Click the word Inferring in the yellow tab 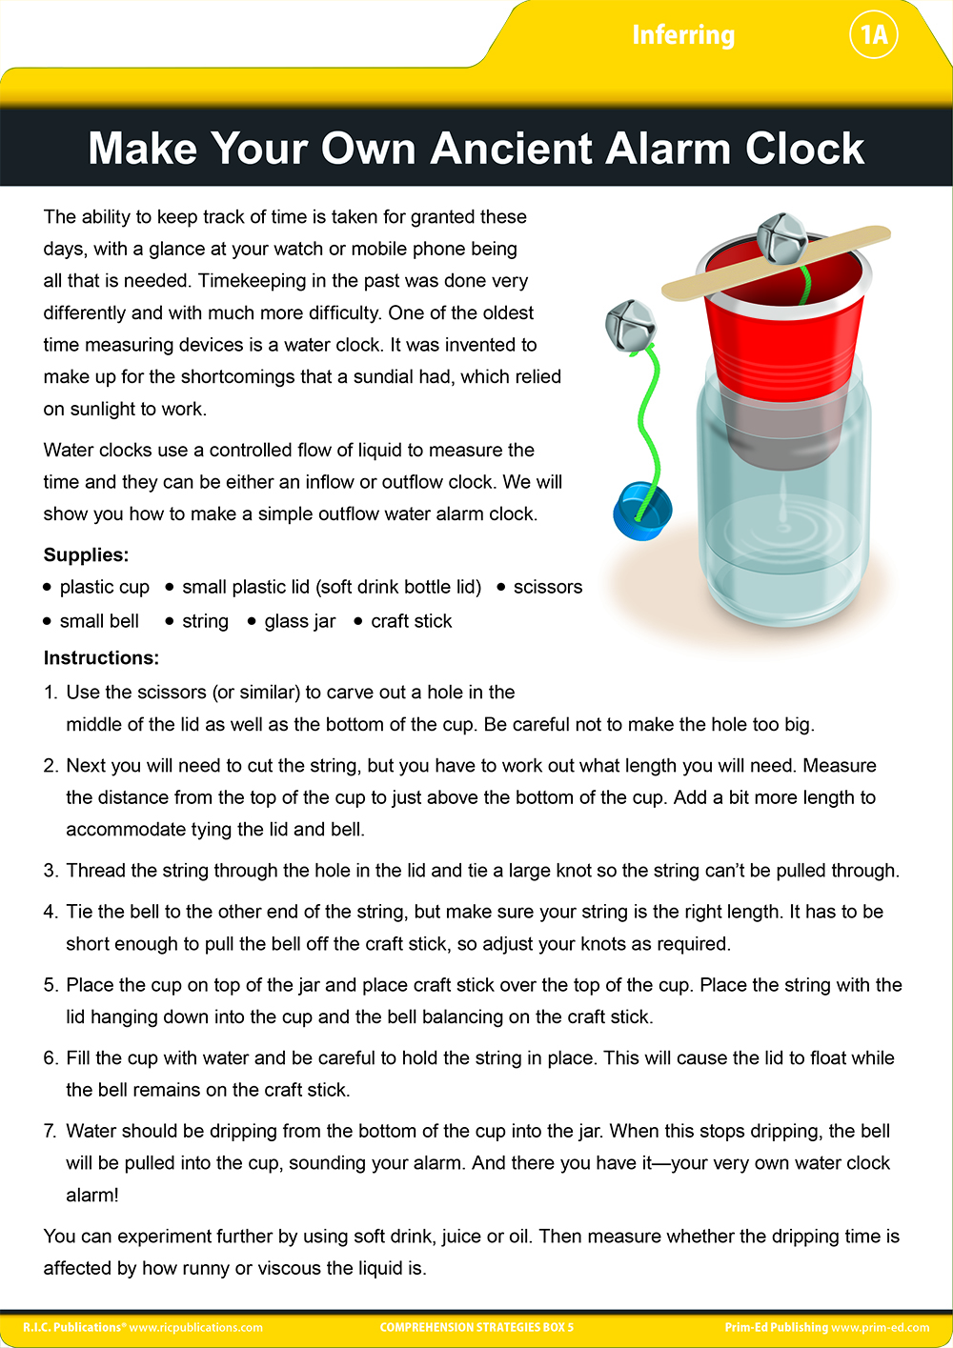pos(683,35)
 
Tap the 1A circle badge pos(873,35)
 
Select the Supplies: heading pos(86,554)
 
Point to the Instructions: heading pos(101,657)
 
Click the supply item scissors pos(547,587)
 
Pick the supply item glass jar pos(299,621)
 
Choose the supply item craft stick pos(411,621)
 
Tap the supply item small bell pos(99,621)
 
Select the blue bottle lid pos(642,510)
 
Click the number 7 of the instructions pos(50,1131)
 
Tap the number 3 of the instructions pos(50,871)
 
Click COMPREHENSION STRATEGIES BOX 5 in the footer pos(476,1327)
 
